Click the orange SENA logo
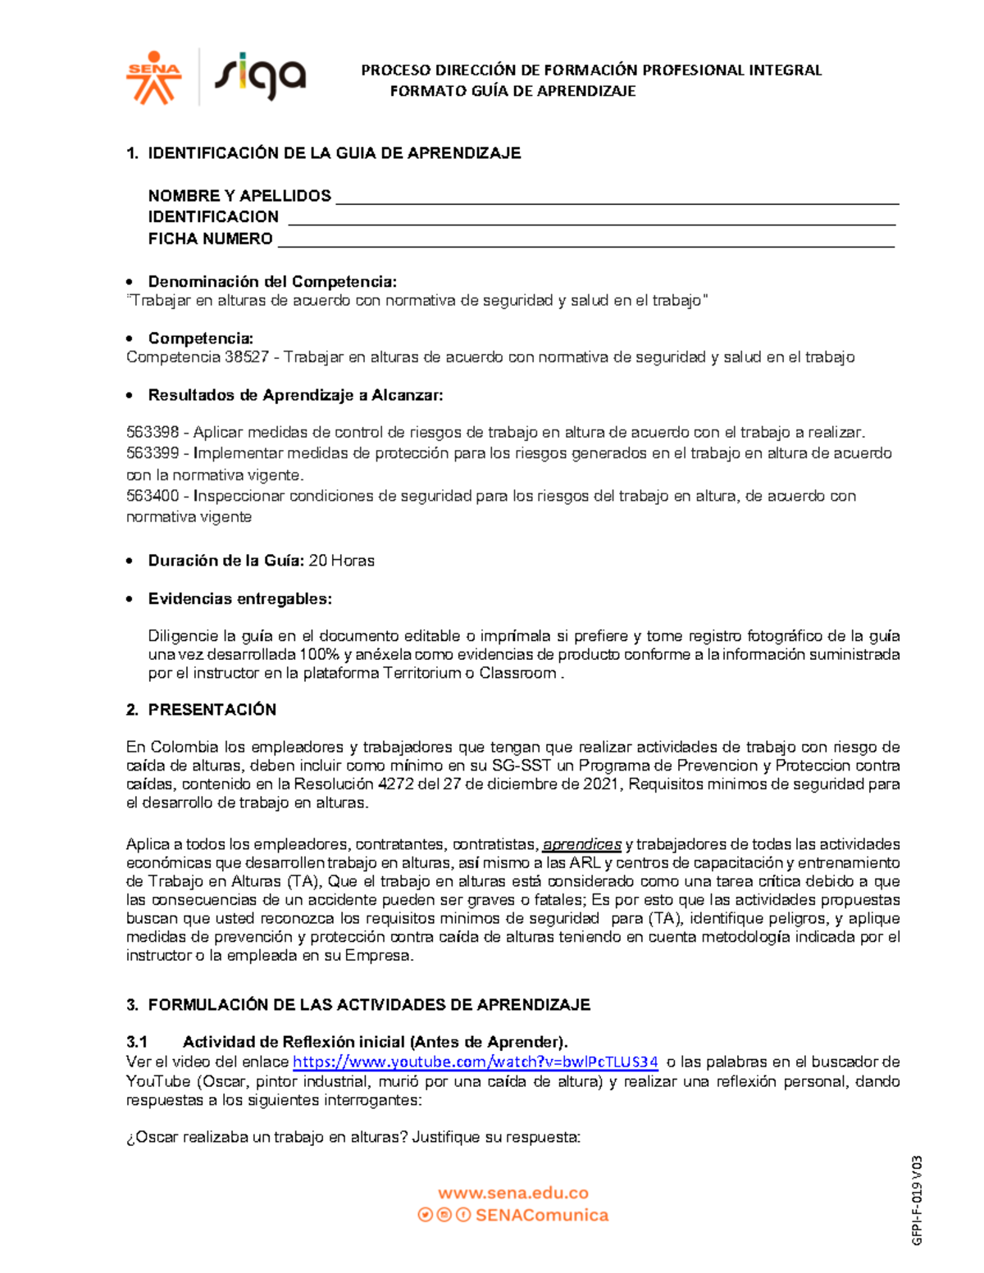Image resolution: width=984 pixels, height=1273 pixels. pos(153,78)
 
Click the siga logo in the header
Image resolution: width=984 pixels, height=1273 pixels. pos(260,75)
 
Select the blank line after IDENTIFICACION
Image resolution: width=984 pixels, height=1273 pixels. pos(591,218)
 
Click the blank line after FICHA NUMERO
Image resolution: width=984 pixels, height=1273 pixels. pos(585,240)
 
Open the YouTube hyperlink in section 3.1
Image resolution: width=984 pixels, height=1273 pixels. pos(475,1062)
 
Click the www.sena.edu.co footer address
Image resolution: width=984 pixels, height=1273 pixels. pos(512,1193)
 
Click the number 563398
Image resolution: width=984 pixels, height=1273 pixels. pos(153,433)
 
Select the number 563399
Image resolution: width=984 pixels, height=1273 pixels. pos(153,453)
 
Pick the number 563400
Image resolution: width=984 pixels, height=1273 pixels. pos(153,496)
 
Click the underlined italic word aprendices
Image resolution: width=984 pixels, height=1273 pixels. pos(582,844)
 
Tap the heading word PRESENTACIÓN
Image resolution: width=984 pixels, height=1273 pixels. pos(212,710)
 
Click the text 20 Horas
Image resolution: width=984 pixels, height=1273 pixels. pos(341,561)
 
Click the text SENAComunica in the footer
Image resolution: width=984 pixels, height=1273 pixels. pos(541,1216)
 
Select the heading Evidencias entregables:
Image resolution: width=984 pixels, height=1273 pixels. pos(239,599)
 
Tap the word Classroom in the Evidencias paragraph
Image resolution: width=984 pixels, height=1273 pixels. pos(517,674)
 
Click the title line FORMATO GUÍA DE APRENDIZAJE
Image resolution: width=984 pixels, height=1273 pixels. pos(512,91)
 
